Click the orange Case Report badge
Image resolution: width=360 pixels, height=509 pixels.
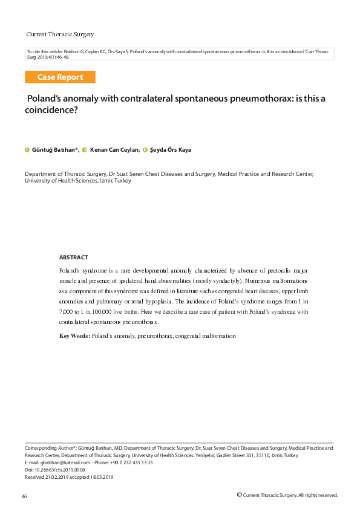click(60, 77)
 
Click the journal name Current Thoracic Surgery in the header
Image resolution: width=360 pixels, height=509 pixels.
click(60, 34)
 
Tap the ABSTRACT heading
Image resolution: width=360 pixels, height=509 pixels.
click(73, 257)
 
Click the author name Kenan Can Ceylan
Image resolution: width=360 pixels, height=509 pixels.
click(115, 149)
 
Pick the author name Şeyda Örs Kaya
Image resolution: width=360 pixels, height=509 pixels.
click(171, 149)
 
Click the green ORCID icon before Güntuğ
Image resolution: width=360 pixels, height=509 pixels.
click(27, 149)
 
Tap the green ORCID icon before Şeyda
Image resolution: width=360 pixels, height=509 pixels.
click(145, 149)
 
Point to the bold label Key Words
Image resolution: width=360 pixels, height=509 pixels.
click(74, 335)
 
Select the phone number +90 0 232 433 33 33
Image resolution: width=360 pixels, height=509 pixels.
click(131, 462)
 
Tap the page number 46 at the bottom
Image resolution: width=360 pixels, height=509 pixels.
click(24, 496)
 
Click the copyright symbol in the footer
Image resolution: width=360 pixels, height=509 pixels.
click(240, 494)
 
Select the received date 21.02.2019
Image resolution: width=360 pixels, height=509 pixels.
click(59, 477)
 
